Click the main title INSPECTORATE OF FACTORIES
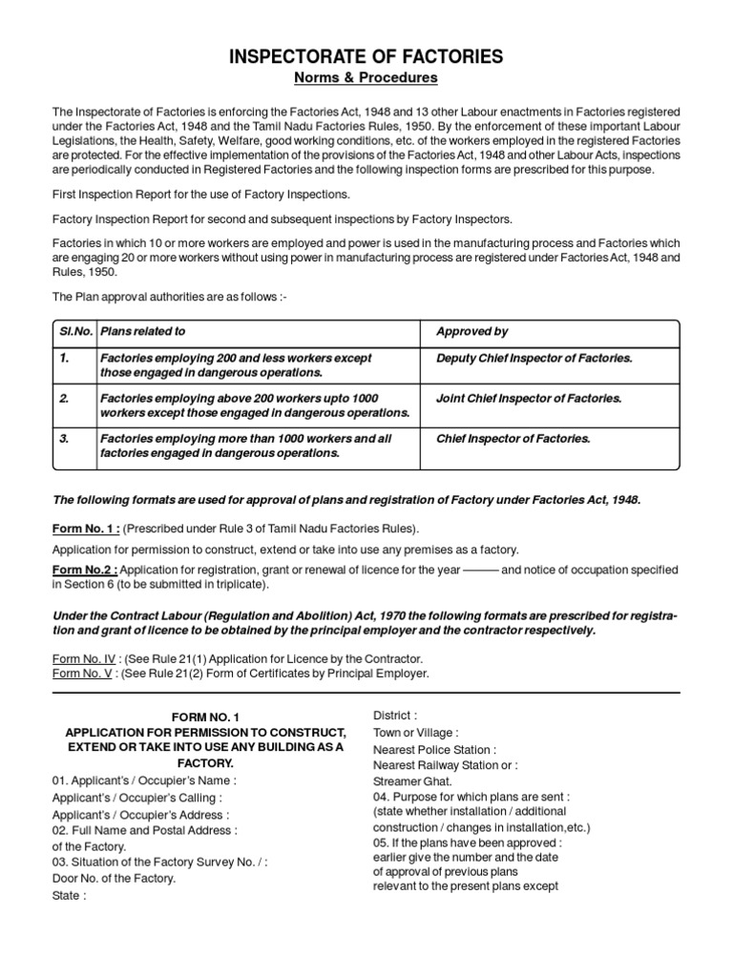click(366, 57)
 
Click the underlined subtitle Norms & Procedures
click(366, 77)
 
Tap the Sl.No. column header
click(73, 332)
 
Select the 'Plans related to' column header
click(142, 332)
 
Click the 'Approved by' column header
click(471, 332)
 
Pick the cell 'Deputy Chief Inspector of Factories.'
click(534, 359)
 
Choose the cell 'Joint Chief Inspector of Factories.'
click(529, 399)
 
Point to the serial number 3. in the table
click(65, 439)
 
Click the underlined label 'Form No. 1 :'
click(86, 529)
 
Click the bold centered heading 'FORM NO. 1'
click(205, 717)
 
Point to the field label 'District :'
click(394, 716)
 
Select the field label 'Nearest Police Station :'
click(434, 750)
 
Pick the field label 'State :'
click(69, 896)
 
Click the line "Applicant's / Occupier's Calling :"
click(137, 798)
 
